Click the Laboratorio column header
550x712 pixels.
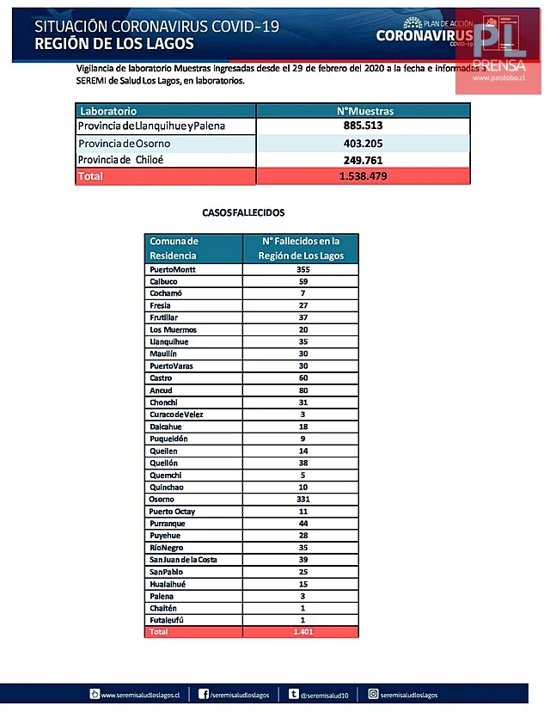pyautogui.click(x=108, y=111)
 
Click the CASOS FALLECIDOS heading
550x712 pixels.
pyautogui.click(x=243, y=212)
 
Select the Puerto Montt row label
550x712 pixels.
pyautogui.click(x=174, y=269)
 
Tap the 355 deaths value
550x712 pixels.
pyautogui.click(x=302, y=269)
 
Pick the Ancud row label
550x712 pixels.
pyautogui.click(x=162, y=390)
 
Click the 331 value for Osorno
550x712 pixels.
pyautogui.click(x=302, y=499)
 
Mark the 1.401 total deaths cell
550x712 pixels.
pyautogui.click(x=302, y=632)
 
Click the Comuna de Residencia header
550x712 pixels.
pyautogui.click(x=174, y=249)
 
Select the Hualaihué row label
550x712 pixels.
pyautogui.click(x=168, y=584)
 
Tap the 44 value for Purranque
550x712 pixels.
pyautogui.click(x=302, y=523)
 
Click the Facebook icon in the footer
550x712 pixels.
pyautogui.click(x=204, y=694)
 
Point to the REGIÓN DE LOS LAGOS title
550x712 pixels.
pyautogui.click(x=114, y=44)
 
